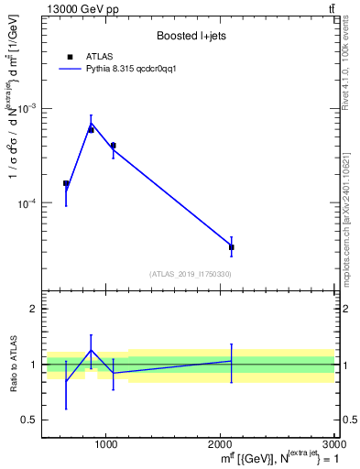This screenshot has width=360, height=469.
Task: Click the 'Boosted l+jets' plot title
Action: pyautogui.click(x=190, y=36)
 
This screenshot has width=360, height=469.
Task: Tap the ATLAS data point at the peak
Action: pyautogui.click(x=91, y=129)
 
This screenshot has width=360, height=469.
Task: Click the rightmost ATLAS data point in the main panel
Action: pyautogui.click(x=231, y=246)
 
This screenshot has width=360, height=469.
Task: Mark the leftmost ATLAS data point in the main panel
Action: pyautogui.click(x=66, y=183)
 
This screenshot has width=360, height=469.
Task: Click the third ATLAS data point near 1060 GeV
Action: pyautogui.click(x=113, y=145)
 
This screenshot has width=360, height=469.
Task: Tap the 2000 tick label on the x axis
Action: pyautogui.click(x=220, y=444)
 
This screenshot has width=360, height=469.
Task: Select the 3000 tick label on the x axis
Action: pyautogui.click(x=333, y=444)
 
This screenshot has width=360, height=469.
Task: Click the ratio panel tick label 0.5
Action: pyautogui.click(x=29, y=420)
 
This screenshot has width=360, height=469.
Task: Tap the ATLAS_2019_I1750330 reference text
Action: pyautogui.click(x=190, y=274)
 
